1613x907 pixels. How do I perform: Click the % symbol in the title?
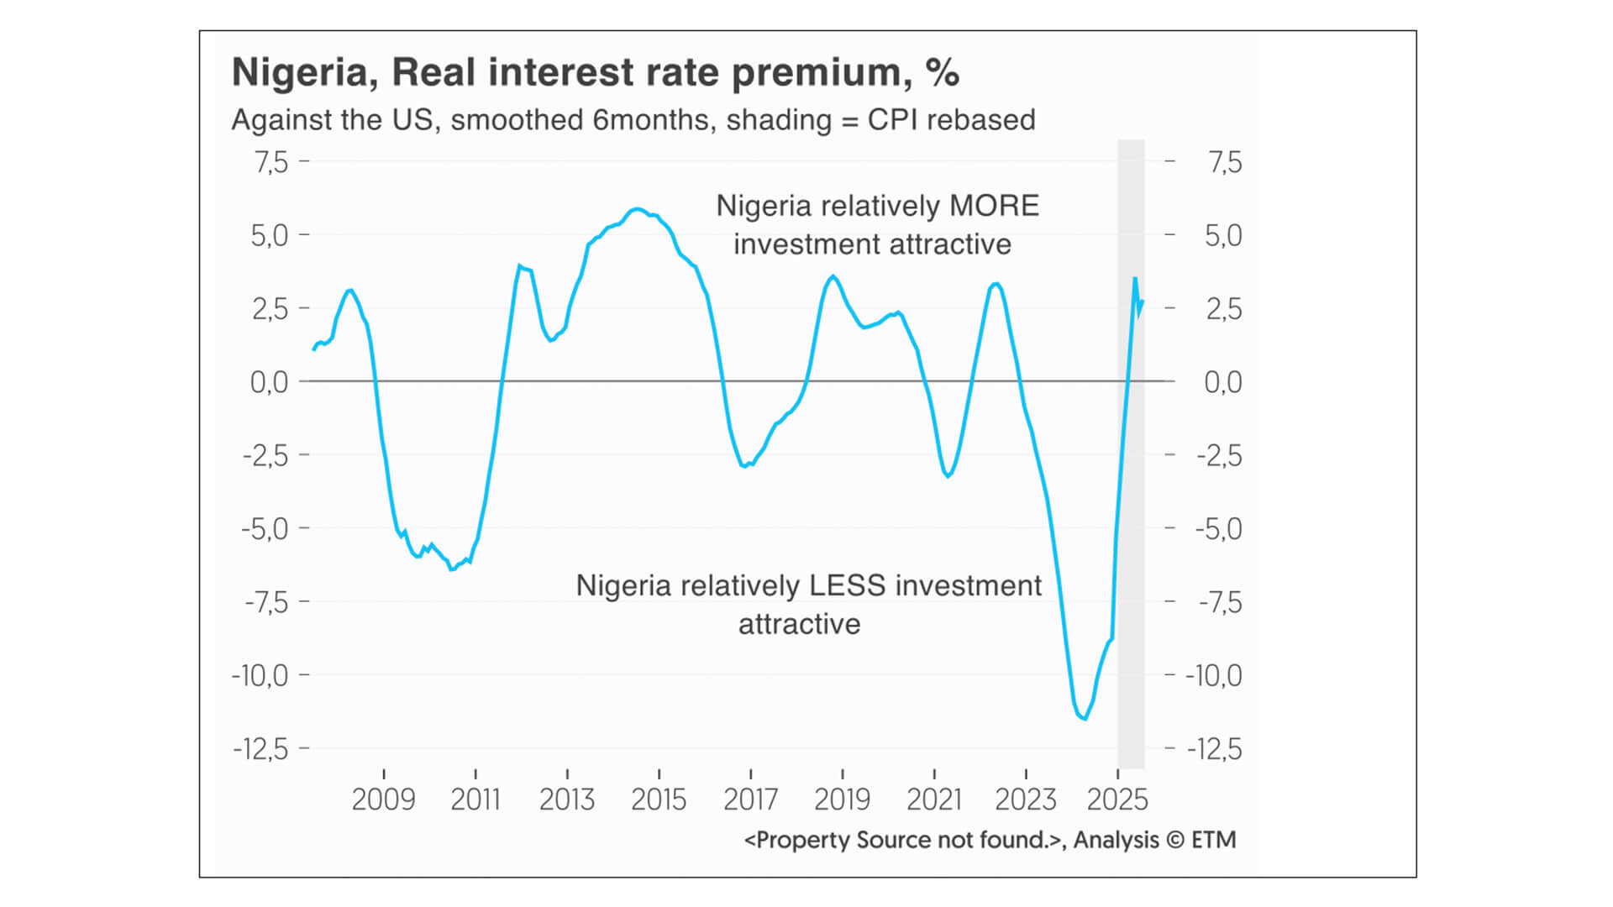(x=942, y=73)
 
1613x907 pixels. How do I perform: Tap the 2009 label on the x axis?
(x=383, y=800)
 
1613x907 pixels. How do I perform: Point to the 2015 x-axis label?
(x=659, y=800)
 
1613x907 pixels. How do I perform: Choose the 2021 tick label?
(x=933, y=800)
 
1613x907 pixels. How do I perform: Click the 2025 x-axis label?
(x=1116, y=800)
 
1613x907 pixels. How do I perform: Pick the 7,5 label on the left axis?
(x=271, y=162)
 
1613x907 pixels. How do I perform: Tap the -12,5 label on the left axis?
(x=260, y=748)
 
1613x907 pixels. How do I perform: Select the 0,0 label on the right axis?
(x=1222, y=382)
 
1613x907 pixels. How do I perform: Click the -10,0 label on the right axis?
(x=1213, y=675)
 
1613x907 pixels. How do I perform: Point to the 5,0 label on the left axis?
(x=269, y=236)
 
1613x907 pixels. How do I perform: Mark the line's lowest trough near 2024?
(x=1085, y=719)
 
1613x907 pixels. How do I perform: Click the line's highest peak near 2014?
(x=637, y=209)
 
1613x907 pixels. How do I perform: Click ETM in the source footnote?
(x=1214, y=840)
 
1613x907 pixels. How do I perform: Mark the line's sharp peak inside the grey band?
(x=1135, y=278)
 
